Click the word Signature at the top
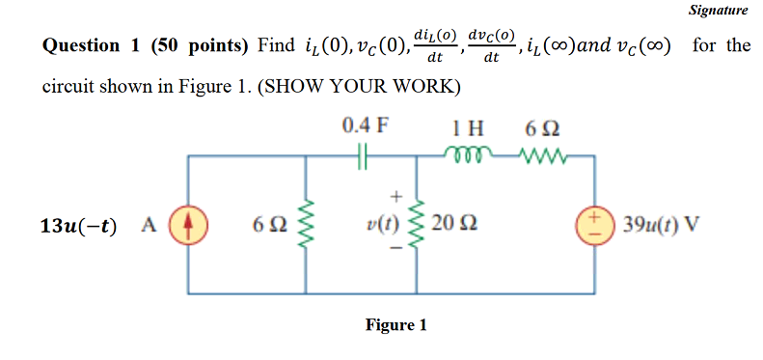(719, 11)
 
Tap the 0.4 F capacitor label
(363, 126)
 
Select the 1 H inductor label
(468, 126)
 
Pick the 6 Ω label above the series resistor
(541, 126)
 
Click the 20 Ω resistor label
(451, 226)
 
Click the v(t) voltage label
(385, 226)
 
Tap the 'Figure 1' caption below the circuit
(395, 325)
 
